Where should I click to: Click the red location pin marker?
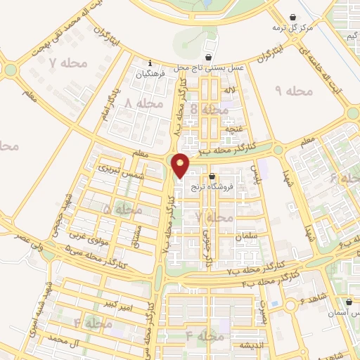181,165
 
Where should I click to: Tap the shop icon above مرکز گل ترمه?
293,18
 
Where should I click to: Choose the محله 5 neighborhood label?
122,210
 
